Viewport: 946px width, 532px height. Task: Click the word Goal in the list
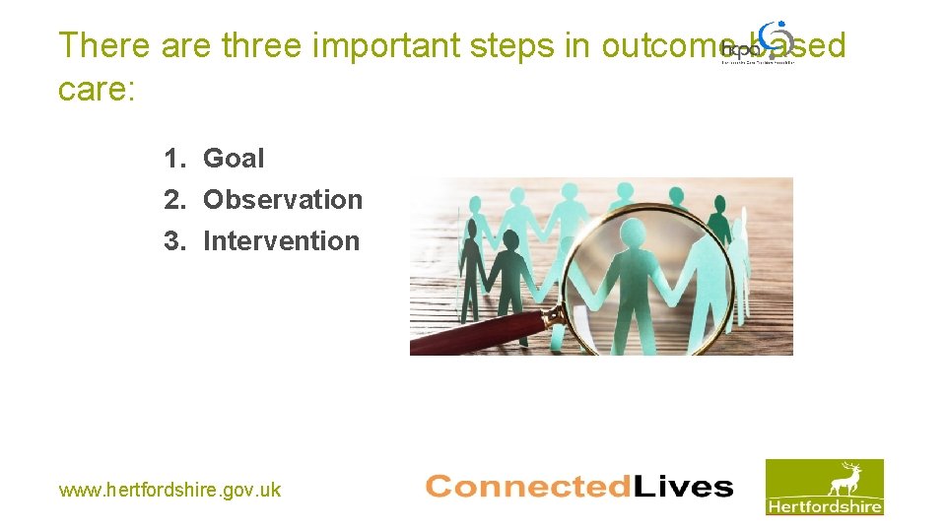[x=234, y=158]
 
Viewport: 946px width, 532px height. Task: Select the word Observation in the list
[x=283, y=199]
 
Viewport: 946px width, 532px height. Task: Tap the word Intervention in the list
[x=281, y=240]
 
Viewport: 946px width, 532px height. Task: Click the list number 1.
[x=173, y=158]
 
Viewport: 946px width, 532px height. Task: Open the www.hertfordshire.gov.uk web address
[x=169, y=490]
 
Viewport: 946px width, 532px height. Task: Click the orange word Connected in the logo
[x=513, y=487]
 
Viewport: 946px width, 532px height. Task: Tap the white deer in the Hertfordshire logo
[x=844, y=480]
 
